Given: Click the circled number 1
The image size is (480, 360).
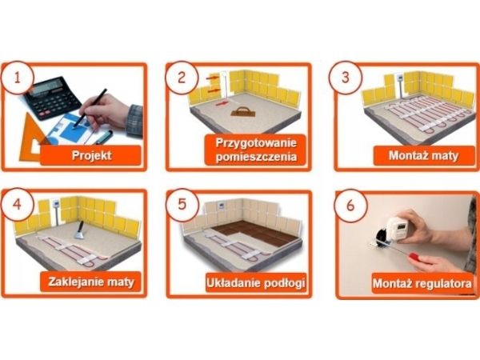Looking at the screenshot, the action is tap(18, 78).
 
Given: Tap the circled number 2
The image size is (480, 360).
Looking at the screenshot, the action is tap(182, 77).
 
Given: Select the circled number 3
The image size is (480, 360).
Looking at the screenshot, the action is tap(346, 77).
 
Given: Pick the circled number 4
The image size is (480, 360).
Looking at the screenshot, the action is tap(17, 204).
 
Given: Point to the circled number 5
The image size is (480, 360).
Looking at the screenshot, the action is tap(182, 204).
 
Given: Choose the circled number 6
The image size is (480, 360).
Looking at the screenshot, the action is tap(350, 205).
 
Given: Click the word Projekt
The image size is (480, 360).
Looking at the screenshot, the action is tap(91, 155).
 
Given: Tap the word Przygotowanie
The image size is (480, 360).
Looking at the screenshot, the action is tap(256, 143).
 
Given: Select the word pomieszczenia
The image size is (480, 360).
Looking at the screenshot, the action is tap(256, 157).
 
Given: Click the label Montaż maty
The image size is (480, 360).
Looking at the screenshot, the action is tap(424, 155).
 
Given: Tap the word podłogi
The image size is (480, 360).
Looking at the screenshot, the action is tap(284, 282).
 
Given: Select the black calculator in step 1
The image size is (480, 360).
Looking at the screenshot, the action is tap(52, 98).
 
